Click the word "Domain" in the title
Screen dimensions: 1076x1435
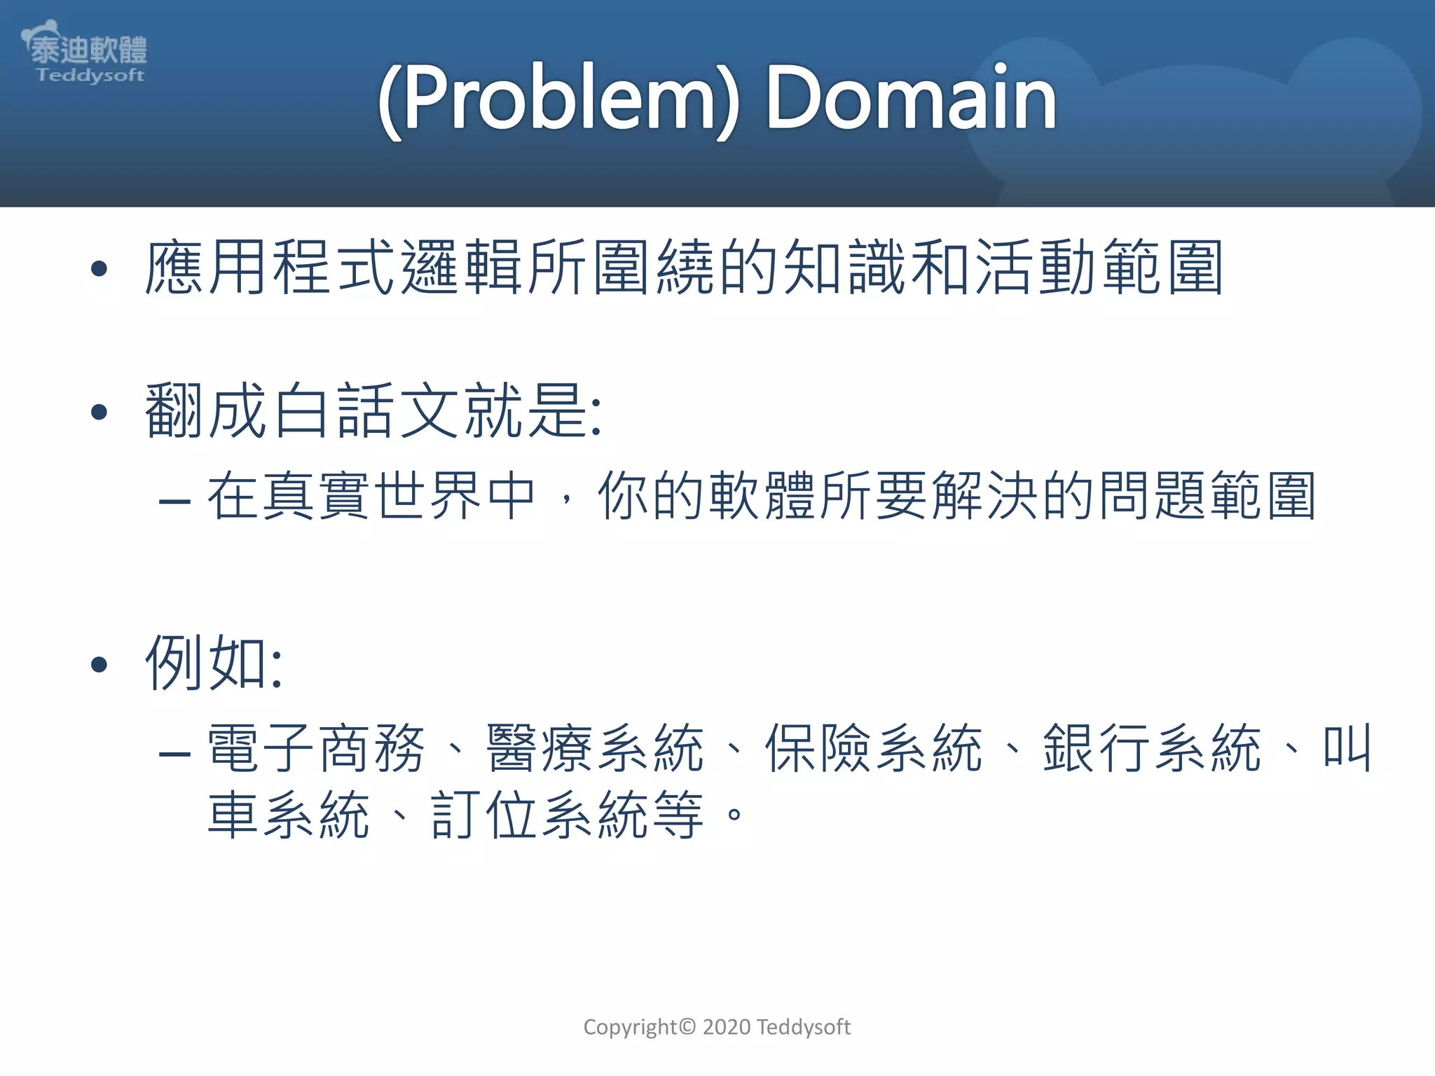point(911,98)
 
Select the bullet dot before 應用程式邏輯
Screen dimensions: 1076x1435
point(99,268)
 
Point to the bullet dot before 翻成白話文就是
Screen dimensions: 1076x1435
point(99,412)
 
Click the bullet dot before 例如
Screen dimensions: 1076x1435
point(99,663)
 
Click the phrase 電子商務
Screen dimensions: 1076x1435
point(316,749)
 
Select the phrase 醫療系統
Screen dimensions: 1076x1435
point(595,749)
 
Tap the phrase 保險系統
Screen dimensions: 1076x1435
point(873,749)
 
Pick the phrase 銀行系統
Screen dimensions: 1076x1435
point(1152,749)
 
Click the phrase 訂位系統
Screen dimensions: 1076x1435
point(539,815)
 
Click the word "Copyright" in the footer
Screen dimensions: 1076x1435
point(630,1028)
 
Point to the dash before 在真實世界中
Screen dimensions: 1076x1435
point(174,501)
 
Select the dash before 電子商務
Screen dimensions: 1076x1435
point(174,754)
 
